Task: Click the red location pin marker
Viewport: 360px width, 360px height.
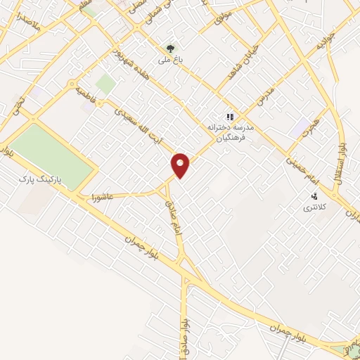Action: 181,165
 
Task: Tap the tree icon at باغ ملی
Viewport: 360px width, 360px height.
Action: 169,48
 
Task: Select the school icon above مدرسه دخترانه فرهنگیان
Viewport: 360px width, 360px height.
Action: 229,117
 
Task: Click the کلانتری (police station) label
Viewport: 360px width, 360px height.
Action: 311,208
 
